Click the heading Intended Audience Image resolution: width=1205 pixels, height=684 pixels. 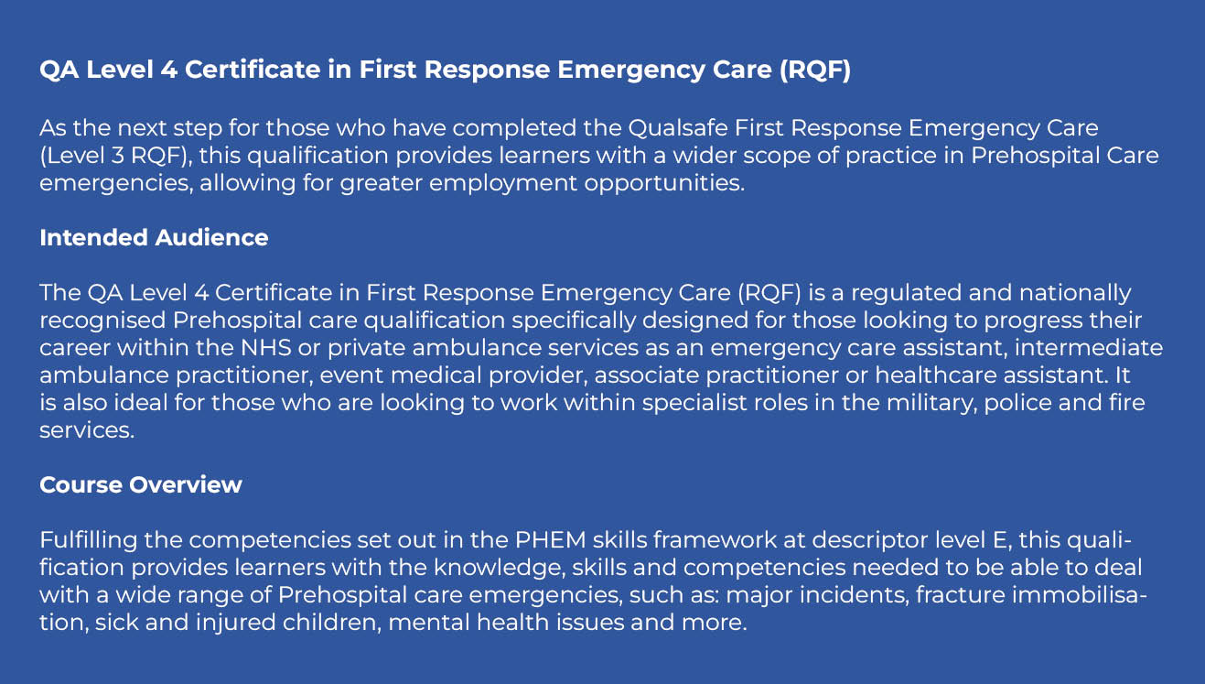pyautogui.click(x=154, y=237)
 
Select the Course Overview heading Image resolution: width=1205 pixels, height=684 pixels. pyautogui.click(x=141, y=484)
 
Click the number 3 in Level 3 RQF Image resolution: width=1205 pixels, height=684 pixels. pyautogui.click(x=118, y=156)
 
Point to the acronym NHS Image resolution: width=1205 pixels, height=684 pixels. pyautogui.click(x=265, y=348)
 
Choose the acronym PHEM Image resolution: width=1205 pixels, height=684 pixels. pyautogui.click(x=550, y=539)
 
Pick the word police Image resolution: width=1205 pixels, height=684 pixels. pyautogui.click(x=1017, y=403)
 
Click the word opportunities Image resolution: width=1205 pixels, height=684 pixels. pyautogui.click(x=664, y=183)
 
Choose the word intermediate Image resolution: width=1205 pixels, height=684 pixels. pyautogui.click(x=1089, y=348)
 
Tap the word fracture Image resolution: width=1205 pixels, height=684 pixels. pyautogui.click(x=960, y=595)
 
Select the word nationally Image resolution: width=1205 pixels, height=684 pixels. pyautogui.click(x=1075, y=293)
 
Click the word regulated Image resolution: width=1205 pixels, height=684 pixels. pyautogui.click(x=907, y=293)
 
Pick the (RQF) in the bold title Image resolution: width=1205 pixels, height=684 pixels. pyautogui.click(x=815, y=70)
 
